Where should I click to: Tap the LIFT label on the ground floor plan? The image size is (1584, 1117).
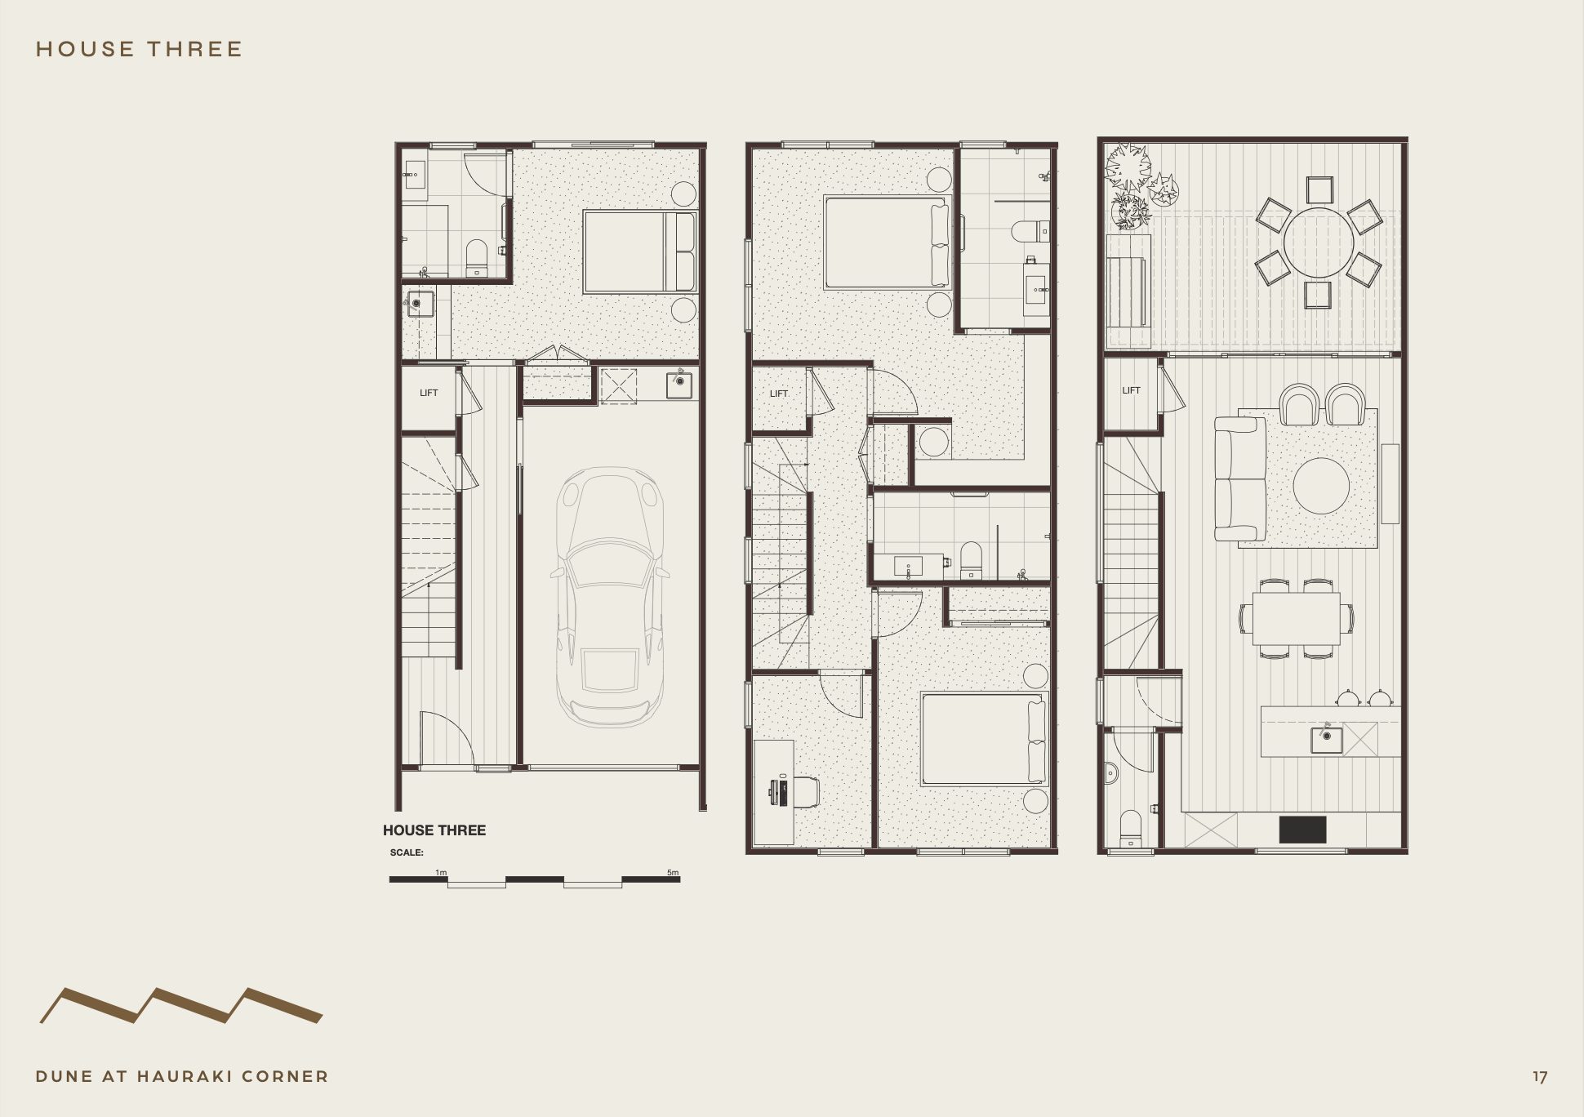click(429, 393)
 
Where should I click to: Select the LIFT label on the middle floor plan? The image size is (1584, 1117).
click(779, 394)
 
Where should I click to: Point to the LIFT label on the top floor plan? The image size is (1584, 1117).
click(1131, 390)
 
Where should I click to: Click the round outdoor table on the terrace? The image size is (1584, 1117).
click(1318, 243)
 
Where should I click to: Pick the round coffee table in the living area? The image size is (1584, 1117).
click(1321, 486)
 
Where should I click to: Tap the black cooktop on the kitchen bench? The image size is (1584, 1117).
click(1302, 830)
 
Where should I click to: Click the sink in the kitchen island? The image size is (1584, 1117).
click(1326, 740)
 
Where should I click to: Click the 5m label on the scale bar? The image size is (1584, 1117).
click(673, 872)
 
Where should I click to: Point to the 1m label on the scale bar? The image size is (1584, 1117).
click(441, 872)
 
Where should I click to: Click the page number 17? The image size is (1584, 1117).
click(1540, 1077)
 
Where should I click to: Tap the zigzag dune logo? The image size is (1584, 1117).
click(181, 1005)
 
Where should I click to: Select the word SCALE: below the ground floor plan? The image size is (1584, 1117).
click(407, 852)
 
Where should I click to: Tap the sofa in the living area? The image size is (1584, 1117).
click(1239, 479)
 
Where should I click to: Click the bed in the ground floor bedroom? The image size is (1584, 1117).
click(639, 251)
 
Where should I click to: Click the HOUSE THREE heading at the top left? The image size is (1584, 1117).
click(139, 49)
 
